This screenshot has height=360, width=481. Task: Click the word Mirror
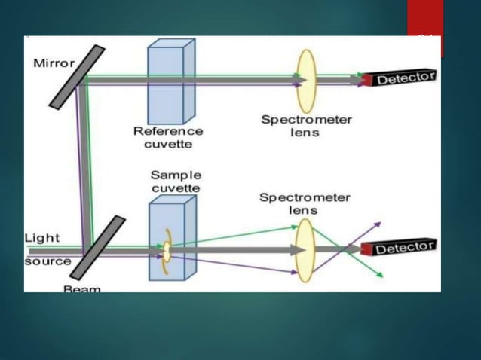tap(54, 63)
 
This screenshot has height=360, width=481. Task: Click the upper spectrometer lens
tap(306, 78)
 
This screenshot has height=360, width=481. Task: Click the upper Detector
tap(399, 78)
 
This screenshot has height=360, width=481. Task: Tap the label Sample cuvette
tap(175, 181)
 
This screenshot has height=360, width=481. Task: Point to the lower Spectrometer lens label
tap(305, 203)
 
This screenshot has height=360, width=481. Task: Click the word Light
tap(41, 238)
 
